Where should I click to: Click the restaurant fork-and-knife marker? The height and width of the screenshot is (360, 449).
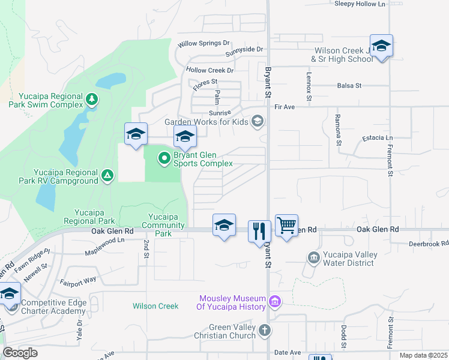259,230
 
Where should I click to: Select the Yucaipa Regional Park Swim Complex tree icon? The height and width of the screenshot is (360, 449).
91,98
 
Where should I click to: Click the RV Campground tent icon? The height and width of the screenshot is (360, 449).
107,175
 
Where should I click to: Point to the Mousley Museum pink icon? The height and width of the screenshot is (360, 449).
275,301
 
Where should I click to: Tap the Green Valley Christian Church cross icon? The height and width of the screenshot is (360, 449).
265,330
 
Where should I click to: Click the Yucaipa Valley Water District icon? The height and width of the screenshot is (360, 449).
313,258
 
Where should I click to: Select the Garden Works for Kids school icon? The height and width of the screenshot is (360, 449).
258,122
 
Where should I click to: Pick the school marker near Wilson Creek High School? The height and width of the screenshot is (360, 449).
381,46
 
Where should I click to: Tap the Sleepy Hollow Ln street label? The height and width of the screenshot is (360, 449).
360,4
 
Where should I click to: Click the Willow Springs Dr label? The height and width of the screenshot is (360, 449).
204,43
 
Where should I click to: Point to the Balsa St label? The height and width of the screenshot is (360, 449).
349,86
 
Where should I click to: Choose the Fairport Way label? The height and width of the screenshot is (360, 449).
77,280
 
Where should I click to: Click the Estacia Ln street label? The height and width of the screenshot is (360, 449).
378,138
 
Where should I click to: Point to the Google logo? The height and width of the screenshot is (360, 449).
20,353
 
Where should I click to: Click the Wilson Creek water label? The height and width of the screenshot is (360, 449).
155,306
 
